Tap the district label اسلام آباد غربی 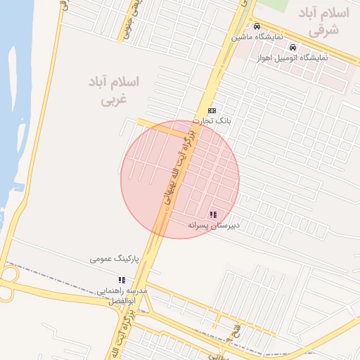click(x=113, y=91)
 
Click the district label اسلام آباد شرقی click(x=323, y=21)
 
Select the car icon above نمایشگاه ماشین click(x=257, y=26)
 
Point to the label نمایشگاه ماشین click(x=259, y=36)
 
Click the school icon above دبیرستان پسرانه click(x=213, y=214)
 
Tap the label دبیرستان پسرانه click(x=214, y=225)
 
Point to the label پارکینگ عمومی click(x=115, y=259)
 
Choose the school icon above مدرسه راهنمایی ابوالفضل click(x=122, y=280)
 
